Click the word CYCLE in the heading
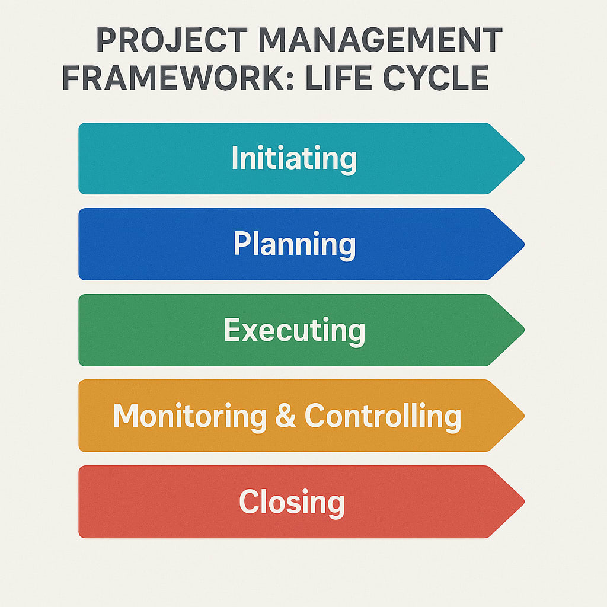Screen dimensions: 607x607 (x=436, y=79)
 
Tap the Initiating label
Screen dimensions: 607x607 (x=294, y=158)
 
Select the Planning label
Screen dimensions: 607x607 (x=295, y=244)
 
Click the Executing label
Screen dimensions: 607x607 (x=294, y=330)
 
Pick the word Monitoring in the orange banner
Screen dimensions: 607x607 (x=190, y=416)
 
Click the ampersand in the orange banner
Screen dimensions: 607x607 (x=286, y=416)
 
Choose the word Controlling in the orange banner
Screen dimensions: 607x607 (x=383, y=416)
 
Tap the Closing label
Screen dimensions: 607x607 (x=292, y=502)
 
